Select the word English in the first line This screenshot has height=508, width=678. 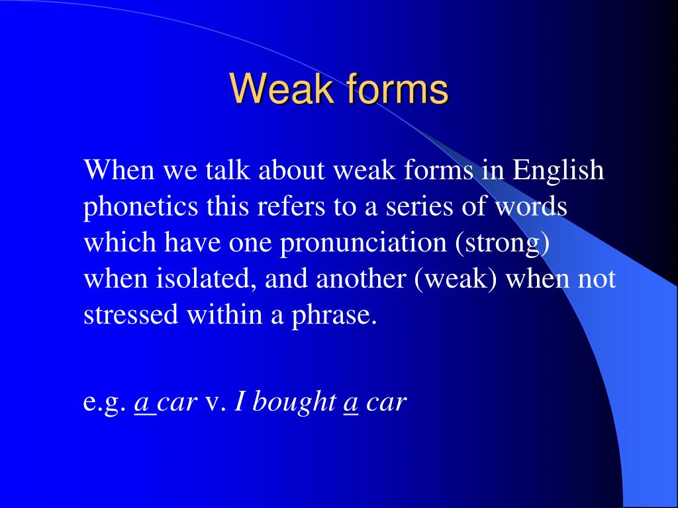point(559,171)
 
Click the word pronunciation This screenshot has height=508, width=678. point(363,243)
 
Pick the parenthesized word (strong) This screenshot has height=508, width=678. point(502,243)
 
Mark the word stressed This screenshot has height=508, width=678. point(131,316)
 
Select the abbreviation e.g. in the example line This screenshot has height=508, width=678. point(105,403)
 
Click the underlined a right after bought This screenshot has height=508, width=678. point(351,403)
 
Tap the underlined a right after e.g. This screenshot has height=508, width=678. point(142,403)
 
